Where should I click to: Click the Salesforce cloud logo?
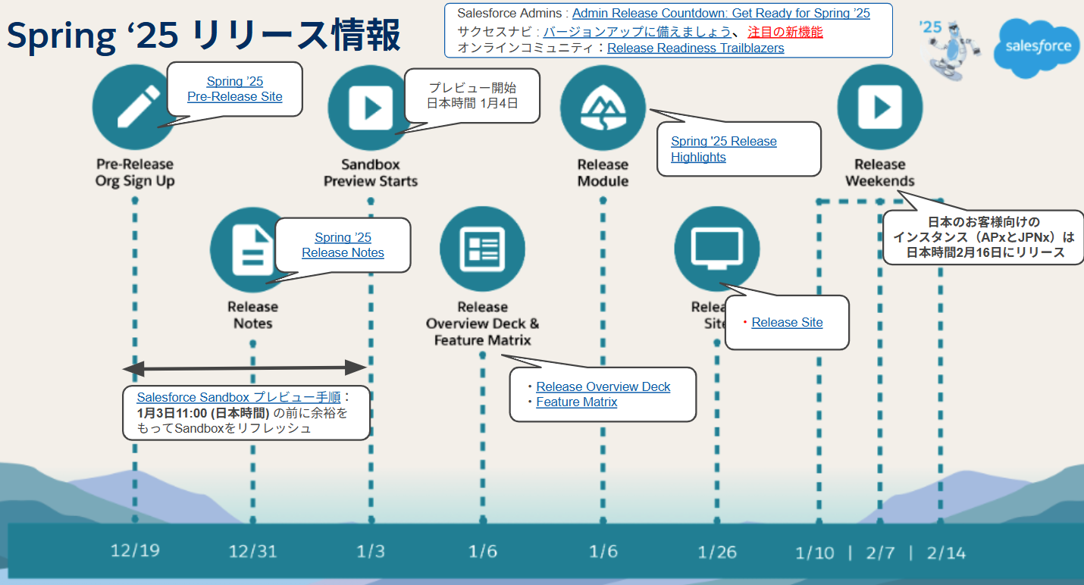pyautogui.click(x=1037, y=47)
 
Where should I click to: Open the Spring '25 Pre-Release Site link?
pyautogui.click(x=235, y=89)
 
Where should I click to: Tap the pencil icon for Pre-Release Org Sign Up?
pyautogui.click(x=135, y=107)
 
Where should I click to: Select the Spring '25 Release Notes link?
pyautogui.click(x=343, y=245)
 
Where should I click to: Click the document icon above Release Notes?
pyautogui.click(x=252, y=250)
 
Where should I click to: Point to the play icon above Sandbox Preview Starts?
pyautogui.click(x=370, y=108)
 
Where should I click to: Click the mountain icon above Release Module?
pyautogui.click(x=603, y=108)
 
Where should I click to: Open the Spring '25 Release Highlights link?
pyautogui.click(x=723, y=149)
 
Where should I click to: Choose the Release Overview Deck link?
pyautogui.click(x=603, y=386)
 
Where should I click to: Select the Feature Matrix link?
pyautogui.click(x=576, y=402)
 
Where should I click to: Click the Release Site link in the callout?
pyautogui.click(x=787, y=322)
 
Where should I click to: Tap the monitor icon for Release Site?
pyautogui.click(x=716, y=249)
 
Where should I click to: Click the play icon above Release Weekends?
pyautogui.click(x=879, y=107)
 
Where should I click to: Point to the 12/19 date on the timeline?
pyautogui.click(x=135, y=551)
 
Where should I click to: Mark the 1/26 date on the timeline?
pyautogui.click(x=716, y=552)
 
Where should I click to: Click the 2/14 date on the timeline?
pyautogui.click(x=945, y=552)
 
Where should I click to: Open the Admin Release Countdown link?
pyautogui.click(x=721, y=13)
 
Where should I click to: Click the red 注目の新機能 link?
pyautogui.click(x=785, y=31)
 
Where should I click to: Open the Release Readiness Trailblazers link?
pyautogui.click(x=695, y=48)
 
